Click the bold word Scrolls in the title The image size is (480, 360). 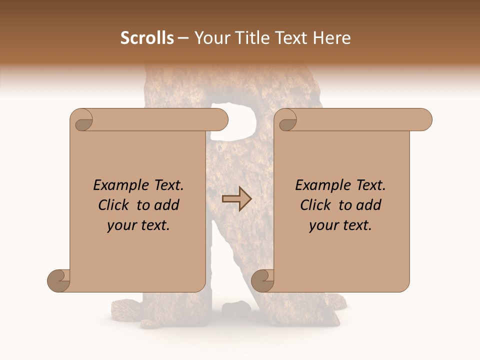(147, 37)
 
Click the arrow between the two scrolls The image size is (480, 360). (236, 199)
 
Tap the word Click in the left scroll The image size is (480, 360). (114, 205)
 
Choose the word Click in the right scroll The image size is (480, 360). (316, 205)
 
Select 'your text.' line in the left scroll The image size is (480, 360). (138, 225)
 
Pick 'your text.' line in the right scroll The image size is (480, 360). (340, 225)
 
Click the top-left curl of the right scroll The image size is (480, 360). (287, 120)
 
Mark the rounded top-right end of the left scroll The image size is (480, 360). (220, 119)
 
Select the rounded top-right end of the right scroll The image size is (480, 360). (424, 119)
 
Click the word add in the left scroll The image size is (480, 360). (167, 205)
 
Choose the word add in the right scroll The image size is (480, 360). (369, 205)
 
